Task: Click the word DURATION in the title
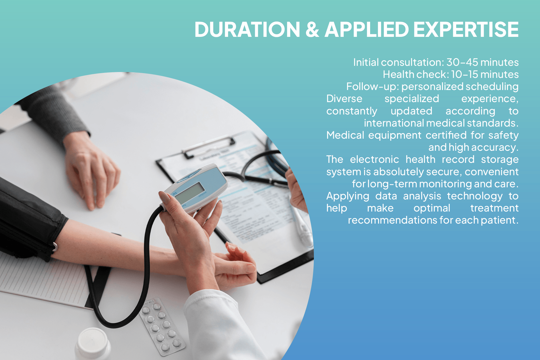pyautogui.click(x=247, y=30)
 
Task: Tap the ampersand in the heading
pyautogui.click(x=312, y=30)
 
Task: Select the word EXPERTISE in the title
pyautogui.click(x=466, y=30)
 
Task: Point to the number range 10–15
pyautogui.click(x=464, y=75)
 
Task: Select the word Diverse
pyautogui.click(x=344, y=99)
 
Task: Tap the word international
pyautogui.click(x=394, y=123)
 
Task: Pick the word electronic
pyautogui.click(x=374, y=159)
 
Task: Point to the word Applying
pyautogui.click(x=348, y=196)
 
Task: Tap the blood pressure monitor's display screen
pyautogui.click(x=190, y=193)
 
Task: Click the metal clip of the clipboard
pyautogui.click(x=210, y=146)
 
